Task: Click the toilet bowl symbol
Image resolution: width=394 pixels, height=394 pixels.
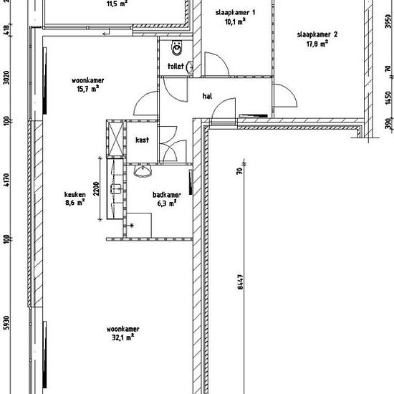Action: click(177, 48)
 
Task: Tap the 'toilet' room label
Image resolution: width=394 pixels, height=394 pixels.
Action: click(176, 67)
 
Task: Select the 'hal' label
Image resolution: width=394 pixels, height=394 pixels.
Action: click(207, 96)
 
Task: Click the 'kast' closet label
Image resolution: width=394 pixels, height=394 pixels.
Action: click(143, 140)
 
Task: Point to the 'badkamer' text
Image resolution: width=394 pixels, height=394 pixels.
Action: click(167, 195)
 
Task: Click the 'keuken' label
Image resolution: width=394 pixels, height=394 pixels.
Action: click(75, 194)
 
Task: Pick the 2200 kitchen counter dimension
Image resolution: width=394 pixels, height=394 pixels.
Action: click(97, 188)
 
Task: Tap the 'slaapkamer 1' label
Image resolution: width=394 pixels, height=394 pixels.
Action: click(236, 13)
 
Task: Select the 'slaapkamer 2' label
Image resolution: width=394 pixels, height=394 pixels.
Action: click(317, 34)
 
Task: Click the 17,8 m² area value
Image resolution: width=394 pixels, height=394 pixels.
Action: click(317, 44)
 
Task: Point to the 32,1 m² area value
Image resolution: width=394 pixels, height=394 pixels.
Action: click(122, 337)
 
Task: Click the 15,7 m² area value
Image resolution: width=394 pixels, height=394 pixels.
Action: click(87, 89)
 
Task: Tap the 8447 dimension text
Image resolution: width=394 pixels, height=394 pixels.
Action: click(240, 282)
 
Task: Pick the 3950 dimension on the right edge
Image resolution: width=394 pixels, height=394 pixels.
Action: click(388, 21)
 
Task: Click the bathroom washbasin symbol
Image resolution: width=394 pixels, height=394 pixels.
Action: click(143, 171)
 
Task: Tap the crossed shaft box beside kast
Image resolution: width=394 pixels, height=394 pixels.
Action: click(116, 138)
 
